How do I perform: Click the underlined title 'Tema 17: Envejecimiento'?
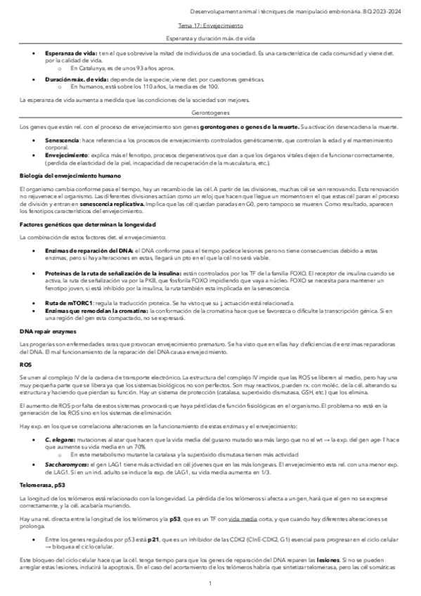click(210, 23)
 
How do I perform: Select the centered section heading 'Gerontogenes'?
click(210, 112)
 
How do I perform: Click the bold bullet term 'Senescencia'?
click(63, 140)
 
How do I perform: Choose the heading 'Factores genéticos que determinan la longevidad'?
click(87, 224)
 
